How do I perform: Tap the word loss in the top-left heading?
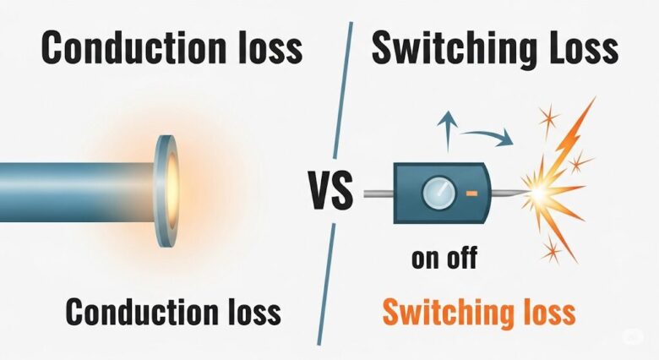pyautogui.click(x=264, y=48)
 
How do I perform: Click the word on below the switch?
pyautogui.click(x=427, y=258)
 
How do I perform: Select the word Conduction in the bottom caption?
pyautogui.click(x=138, y=313)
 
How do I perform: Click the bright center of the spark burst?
pyautogui.click(x=536, y=194)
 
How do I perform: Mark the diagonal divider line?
pyautogui.click(x=335, y=254)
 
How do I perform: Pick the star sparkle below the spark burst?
pyautogui.click(x=551, y=250)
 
